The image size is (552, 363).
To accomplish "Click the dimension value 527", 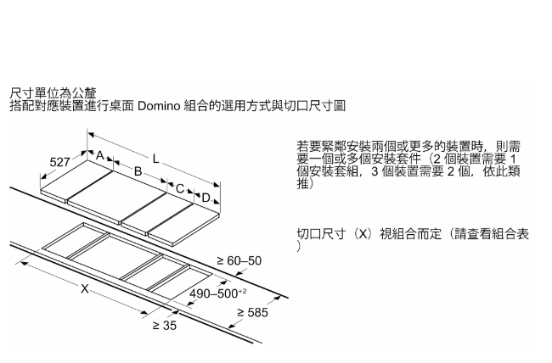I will pos(59,161).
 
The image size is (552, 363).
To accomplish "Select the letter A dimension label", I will pos(99,156).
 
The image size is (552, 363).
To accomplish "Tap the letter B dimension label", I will pos(137,171).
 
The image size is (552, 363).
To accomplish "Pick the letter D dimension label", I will pos(206,198).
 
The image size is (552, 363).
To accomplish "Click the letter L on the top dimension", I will pos(155,159).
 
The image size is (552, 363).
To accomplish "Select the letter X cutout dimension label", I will pos(84,289).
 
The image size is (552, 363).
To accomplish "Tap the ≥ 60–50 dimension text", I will pos(239,260).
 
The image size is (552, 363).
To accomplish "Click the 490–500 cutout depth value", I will pos(217,293).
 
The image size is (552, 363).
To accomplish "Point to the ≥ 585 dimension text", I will pos(252,313).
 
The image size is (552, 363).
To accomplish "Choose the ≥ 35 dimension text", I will pos(164,326).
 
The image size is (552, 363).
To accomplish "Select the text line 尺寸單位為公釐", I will pos(53,92).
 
